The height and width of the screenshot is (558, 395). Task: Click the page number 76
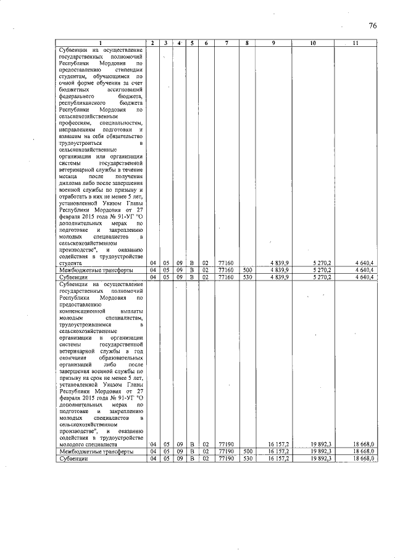click(x=373, y=25)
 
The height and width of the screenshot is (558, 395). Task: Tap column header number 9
click(x=273, y=43)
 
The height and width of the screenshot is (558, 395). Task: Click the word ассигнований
click(x=123, y=89)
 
